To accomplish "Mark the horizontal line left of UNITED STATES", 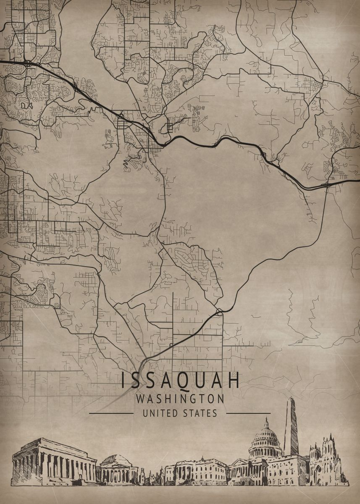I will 111,413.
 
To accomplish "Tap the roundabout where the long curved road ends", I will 219,312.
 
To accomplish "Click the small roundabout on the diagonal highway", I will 171,345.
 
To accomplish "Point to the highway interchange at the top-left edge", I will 27,64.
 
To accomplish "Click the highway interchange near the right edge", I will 327,184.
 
